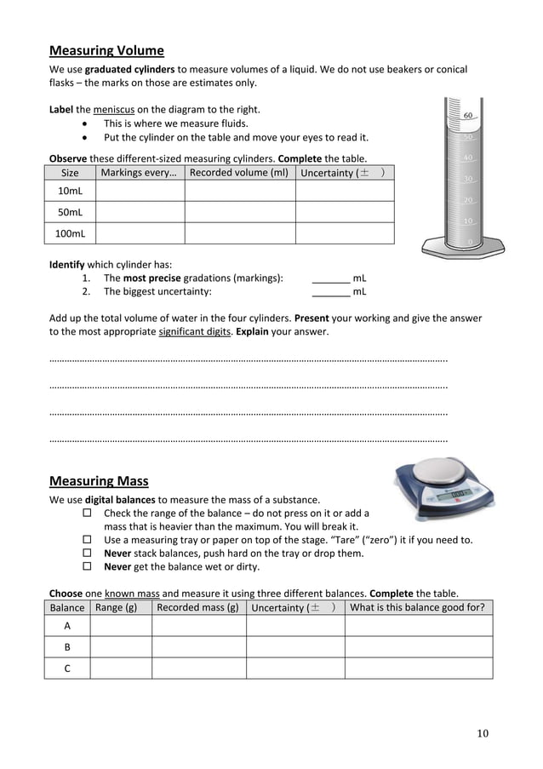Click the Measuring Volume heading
106,50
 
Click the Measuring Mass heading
99,481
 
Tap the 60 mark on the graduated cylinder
468,115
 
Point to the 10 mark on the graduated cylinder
467,221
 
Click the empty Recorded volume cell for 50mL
239,212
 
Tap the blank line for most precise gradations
331,278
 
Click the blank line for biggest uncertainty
331,292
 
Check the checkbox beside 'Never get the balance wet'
87,566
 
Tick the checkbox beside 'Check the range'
87,514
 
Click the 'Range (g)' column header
117,607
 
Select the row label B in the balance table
67,646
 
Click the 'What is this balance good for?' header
417,607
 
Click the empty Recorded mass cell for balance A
198,625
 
